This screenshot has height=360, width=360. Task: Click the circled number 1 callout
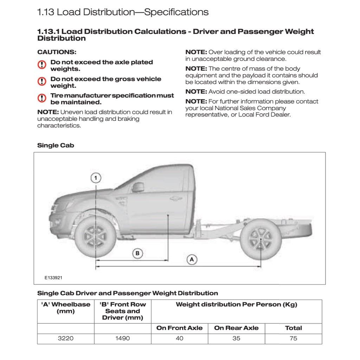pos(96,178)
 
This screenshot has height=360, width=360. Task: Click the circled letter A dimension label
pos(192,259)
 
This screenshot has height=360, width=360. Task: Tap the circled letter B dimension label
pos(137,253)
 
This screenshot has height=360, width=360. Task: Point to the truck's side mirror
pos(138,187)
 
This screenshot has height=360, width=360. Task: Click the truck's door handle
pos(175,199)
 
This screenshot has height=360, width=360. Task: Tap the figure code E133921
pos(53,277)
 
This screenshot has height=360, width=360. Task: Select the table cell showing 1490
pos(122,339)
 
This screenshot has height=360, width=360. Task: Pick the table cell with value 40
pos(179,339)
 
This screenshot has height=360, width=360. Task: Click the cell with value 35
pos(236,339)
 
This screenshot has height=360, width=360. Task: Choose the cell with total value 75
pos(293,339)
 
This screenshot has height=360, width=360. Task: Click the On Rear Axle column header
pos(236,328)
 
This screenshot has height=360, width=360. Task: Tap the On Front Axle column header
pos(179,328)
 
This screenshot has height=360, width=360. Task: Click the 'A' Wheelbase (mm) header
pos(66,308)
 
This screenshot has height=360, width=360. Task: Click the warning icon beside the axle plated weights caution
pos(42,65)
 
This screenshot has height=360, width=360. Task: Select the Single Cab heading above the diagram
pos(56,146)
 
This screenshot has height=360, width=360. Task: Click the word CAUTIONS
pos(57,52)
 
